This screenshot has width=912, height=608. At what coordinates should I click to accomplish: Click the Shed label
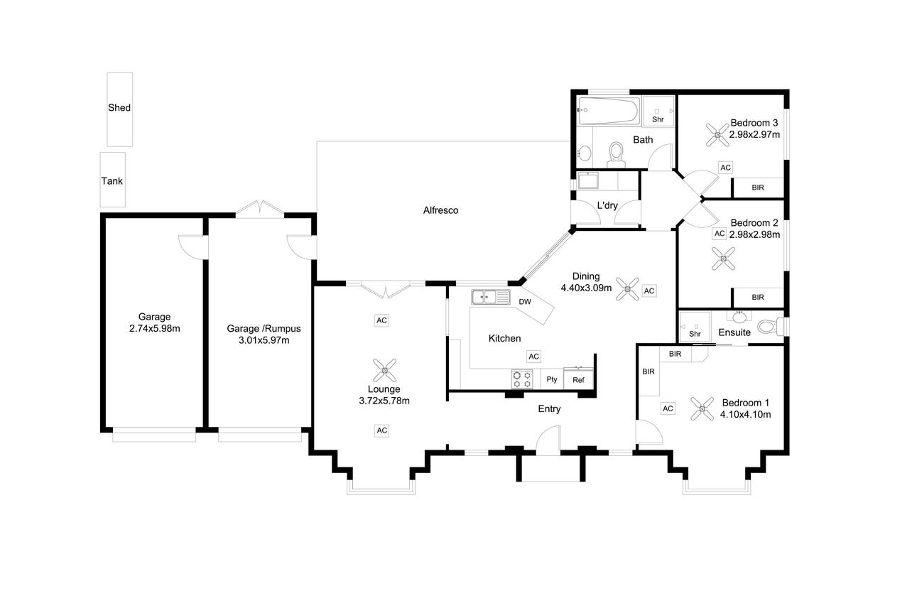click(x=119, y=107)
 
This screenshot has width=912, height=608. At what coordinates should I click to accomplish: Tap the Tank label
click(x=112, y=181)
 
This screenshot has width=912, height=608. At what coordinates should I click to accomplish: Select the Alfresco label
click(x=440, y=210)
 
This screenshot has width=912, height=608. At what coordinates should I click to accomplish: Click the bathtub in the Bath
click(x=608, y=110)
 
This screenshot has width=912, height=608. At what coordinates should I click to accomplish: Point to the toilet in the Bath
click(x=616, y=155)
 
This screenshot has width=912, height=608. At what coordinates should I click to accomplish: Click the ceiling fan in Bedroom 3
click(x=717, y=135)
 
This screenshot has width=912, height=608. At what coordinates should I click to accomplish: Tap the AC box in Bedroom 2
click(x=720, y=234)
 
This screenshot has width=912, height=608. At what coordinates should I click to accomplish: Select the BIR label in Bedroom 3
click(x=758, y=188)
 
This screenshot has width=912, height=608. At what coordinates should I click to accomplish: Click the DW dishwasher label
click(x=525, y=302)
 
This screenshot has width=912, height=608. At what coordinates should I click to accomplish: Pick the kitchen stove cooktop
click(x=522, y=379)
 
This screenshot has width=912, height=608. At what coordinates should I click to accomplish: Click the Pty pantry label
click(x=552, y=379)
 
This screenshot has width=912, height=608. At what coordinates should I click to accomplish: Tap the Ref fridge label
click(x=578, y=380)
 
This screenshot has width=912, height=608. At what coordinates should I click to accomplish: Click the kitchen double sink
click(x=491, y=297)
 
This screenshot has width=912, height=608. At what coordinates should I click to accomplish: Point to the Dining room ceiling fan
click(x=627, y=288)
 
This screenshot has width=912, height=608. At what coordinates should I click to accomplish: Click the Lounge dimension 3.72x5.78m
click(x=384, y=401)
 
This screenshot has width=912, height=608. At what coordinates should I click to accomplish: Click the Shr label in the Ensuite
click(x=695, y=334)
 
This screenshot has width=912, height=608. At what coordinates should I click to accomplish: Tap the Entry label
click(x=549, y=409)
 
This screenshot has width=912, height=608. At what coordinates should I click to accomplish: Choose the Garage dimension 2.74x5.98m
click(x=155, y=328)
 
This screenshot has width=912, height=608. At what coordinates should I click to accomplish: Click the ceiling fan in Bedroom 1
click(x=702, y=408)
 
